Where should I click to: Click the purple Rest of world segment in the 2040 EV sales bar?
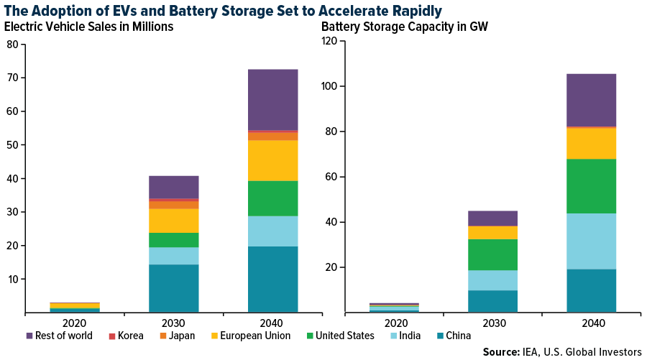272,99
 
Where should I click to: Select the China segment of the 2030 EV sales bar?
173,288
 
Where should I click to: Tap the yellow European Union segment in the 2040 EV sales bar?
272,160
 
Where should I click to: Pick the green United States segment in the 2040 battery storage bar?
591,186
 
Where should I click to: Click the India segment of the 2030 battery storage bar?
492,280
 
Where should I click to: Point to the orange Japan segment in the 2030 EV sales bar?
173,205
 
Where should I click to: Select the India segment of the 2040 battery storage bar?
591,241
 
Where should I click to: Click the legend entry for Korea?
126,336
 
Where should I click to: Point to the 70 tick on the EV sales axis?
12,78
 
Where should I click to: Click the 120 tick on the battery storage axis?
329,41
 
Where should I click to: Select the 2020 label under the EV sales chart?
74,323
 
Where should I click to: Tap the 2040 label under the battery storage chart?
591,323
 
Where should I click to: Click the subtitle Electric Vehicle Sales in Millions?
89,27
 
